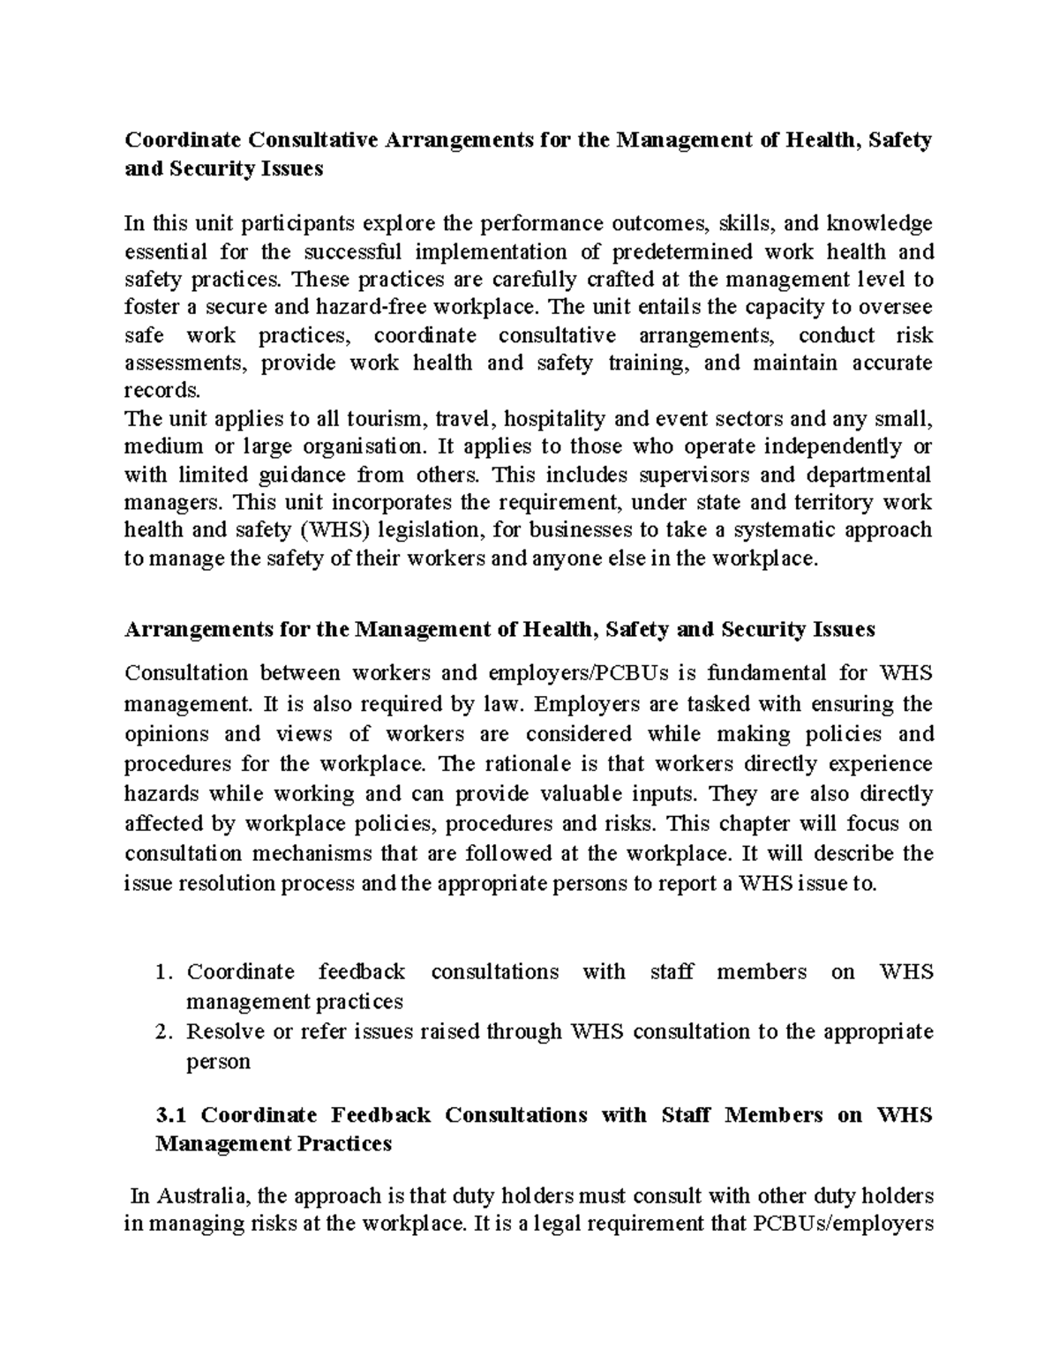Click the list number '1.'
click(x=162, y=973)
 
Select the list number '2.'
click(x=162, y=1032)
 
